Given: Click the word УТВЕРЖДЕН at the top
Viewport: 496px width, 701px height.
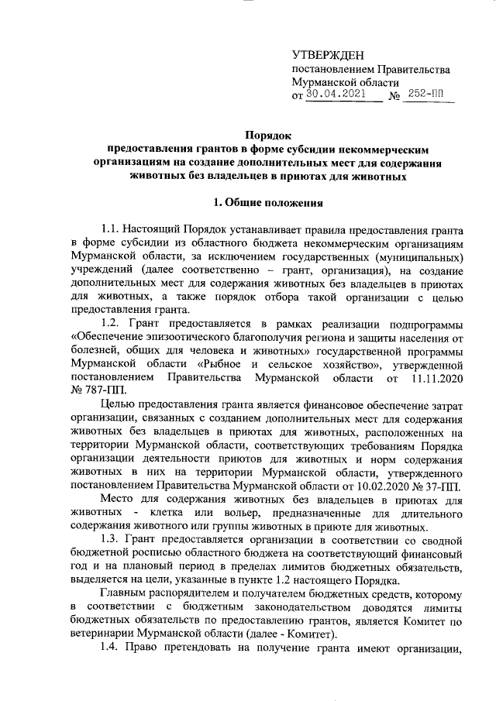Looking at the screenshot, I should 323,55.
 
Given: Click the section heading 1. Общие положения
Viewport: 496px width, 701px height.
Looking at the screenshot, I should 267,203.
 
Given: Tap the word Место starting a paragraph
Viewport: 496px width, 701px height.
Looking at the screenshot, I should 120,501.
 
